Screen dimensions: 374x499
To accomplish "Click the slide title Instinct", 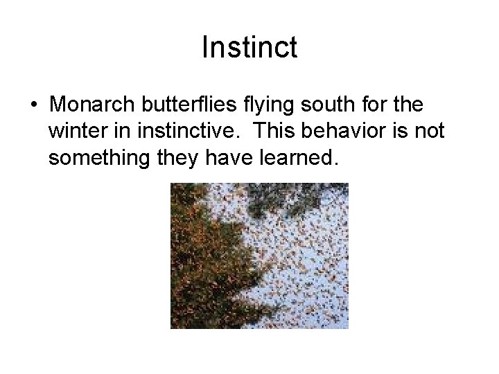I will tap(249, 48).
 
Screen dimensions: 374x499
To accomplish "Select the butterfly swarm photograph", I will tap(259, 255).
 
